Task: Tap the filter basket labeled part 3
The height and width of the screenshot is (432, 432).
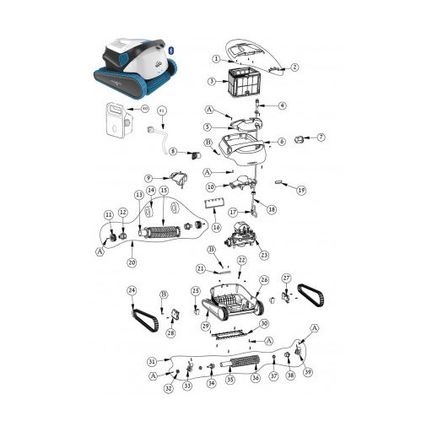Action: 241,85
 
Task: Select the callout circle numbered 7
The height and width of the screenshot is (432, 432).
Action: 321,137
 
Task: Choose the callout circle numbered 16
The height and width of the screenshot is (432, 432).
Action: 216,228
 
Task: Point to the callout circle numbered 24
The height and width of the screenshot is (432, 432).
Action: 132,291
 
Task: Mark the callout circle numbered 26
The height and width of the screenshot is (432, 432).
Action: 264,280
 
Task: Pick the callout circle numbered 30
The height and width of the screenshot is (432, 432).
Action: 263,323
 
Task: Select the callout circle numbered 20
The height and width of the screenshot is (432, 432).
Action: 132,262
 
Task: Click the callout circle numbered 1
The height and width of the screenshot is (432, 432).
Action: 216,59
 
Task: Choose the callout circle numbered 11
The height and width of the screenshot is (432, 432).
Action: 108,215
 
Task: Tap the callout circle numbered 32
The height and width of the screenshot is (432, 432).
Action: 169,388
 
